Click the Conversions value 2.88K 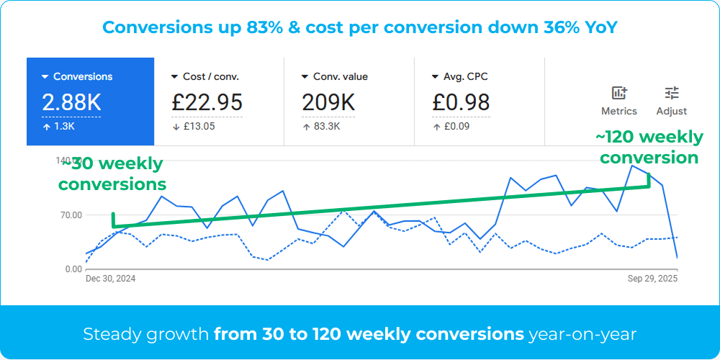[x=71, y=102]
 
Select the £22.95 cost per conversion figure [x=207, y=102]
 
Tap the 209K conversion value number [x=328, y=102]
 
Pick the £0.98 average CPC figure [x=461, y=102]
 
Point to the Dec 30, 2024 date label [x=111, y=279]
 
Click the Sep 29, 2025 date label [x=652, y=279]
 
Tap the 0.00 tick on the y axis [x=73, y=269]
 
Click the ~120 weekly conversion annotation [x=649, y=147]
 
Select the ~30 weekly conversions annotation [x=112, y=174]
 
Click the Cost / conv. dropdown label [x=211, y=76]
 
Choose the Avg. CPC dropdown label [x=470, y=76]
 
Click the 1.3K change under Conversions [x=63, y=127]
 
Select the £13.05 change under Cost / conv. [x=198, y=127]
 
